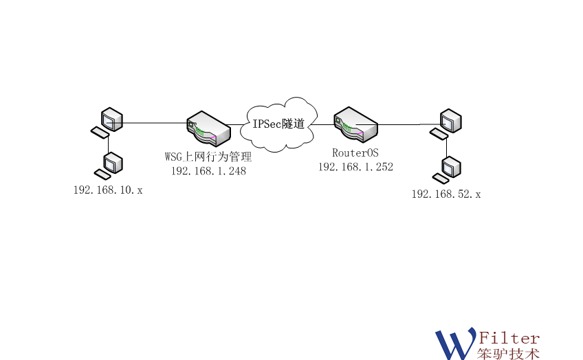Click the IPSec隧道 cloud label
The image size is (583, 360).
pyautogui.click(x=278, y=124)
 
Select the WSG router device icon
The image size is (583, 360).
pyautogui.click(x=208, y=127)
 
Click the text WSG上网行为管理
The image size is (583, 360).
pyautogui.click(x=208, y=157)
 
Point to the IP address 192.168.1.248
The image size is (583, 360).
pyautogui.click(x=208, y=171)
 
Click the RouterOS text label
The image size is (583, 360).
pyautogui.click(x=355, y=153)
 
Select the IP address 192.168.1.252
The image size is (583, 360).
pyautogui.click(x=355, y=166)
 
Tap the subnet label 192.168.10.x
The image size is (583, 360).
pyautogui.click(x=108, y=190)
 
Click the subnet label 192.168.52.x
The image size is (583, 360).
pyautogui.click(x=446, y=194)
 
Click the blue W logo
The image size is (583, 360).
pyautogui.click(x=454, y=343)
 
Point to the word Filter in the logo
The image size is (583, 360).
pyautogui.click(x=509, y=338)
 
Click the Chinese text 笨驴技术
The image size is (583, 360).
pyautogui.click(x=508, y=354)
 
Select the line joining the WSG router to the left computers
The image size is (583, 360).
pyautogui.click(x=155, y=123)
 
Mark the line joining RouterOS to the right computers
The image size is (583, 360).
pyautogui.click(x=406, y=125)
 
